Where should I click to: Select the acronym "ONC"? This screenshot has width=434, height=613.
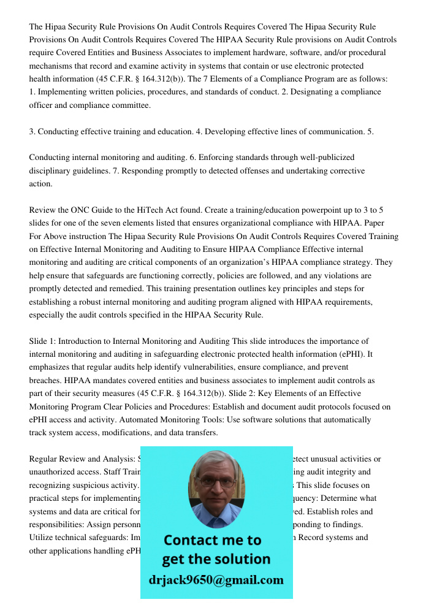(x=83, y=210)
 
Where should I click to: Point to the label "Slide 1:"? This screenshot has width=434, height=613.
(x=42, y=341)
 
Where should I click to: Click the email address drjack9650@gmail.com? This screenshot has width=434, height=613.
(x=216, y=580)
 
